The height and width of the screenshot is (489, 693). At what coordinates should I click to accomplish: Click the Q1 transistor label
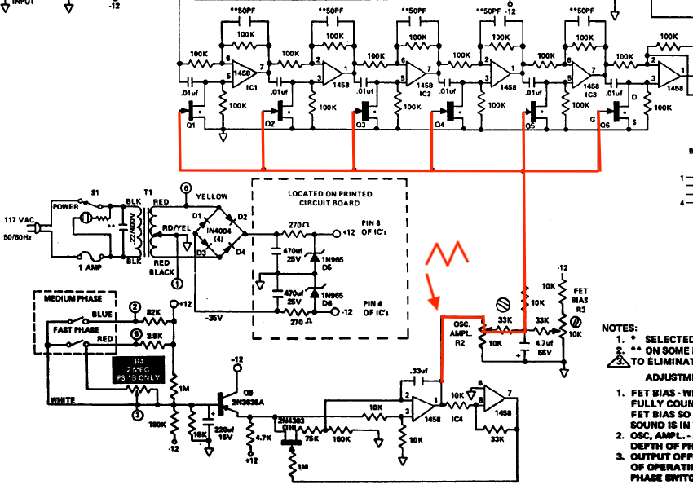(191, 126)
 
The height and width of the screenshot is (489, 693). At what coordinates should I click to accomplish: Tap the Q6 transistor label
(604, 126)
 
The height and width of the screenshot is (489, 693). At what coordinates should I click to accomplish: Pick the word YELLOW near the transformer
(213, 196)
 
